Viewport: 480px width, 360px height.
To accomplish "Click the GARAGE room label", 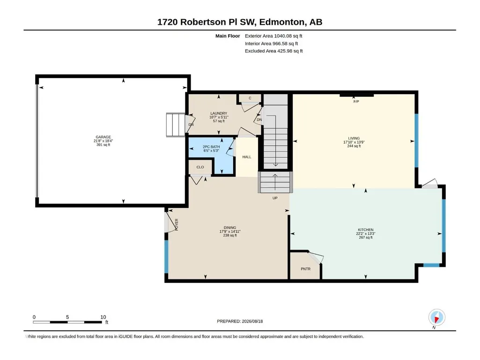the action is click(x=103, y=137).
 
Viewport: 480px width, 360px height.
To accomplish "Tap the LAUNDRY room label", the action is click(x=219, y=113).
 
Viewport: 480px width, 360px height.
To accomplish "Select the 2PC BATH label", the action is click(x=211, y=147).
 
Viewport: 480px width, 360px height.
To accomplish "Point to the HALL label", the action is click(x=247, y=157).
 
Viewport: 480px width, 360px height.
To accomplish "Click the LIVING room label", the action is click(x=354, y=139).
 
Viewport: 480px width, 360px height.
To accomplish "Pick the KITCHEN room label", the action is click(x=366, y=230).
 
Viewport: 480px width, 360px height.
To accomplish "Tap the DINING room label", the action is click(x=230, y=228).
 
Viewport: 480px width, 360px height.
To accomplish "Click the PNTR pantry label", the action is click(x=305, y=269).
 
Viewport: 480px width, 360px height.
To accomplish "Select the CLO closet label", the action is click(x=200, y=167).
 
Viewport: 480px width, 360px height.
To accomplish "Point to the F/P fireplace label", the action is click(x=356, y=102).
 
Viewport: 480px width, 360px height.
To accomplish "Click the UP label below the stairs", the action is click(x=275, y=198).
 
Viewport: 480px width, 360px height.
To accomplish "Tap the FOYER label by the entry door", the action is click(x=177, y=225).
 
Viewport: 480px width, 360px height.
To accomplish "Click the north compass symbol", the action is click(x=437, y=318).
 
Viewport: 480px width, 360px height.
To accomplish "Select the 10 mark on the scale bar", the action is click(x=103, y=317).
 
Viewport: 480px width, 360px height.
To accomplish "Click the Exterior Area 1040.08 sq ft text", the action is click(x=273, y=36).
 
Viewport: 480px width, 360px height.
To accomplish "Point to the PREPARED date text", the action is click(x=240, y=321).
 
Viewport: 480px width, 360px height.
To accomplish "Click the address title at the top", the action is click(x=240, y=22).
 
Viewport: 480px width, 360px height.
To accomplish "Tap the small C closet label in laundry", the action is click(x=250, y=98).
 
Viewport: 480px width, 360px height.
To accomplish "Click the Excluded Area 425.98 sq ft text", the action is click(x=273, y=51).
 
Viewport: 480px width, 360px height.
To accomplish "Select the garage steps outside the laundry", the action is click(x=176, y=125).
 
